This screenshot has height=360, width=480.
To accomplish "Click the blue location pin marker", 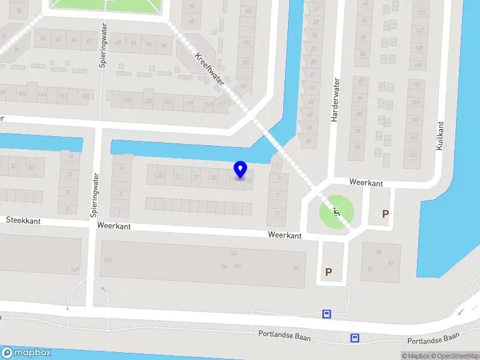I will (241, 170).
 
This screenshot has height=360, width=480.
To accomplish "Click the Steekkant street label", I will (23, 221).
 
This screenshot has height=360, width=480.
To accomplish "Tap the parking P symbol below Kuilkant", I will (385, 214).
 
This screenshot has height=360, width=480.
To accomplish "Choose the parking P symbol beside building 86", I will (328, 272).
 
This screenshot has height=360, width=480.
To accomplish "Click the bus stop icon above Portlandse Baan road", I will (326, 314).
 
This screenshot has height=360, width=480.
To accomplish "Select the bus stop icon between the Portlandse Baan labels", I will (355, 338).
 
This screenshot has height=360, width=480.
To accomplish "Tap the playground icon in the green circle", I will (336, 211).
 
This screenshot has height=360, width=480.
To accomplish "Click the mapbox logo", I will (26, 353).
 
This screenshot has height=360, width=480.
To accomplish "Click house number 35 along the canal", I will (160, 176).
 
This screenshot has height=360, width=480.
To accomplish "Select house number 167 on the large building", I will (75, 269).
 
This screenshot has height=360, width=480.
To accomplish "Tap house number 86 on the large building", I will (296, 268).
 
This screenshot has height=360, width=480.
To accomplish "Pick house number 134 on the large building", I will (233, 254).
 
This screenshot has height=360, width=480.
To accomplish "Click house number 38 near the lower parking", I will (379, 252).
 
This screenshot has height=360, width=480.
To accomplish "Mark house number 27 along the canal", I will (196, 178).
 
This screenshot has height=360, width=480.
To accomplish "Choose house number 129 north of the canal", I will (128, 100).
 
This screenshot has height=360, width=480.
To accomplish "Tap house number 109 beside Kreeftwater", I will (243, 86).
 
